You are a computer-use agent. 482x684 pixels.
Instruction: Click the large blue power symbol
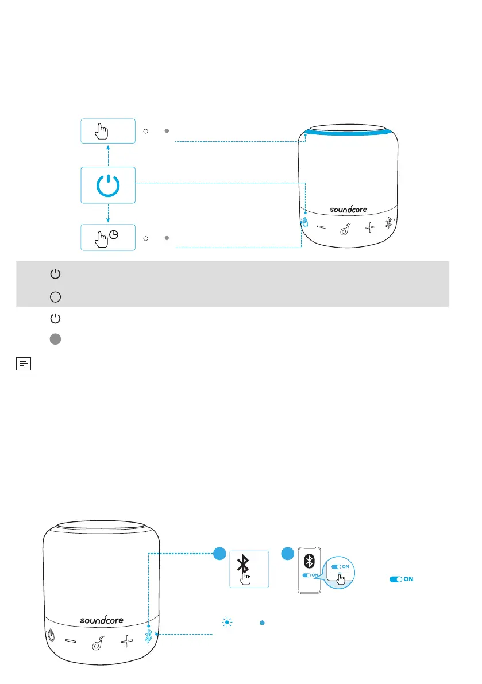pyautogui.click(x=108, y=185)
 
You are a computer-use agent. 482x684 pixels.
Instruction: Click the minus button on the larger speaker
pyautogui.click(x=71, y=639)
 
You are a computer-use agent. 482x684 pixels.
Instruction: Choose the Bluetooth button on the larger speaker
pyautogui.click(x=149, y=635)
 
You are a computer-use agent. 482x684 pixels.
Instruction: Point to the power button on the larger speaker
pyautogui.click(x=51, y=636)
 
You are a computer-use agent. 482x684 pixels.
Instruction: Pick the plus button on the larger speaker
pyautogui.click(x=126, y=639)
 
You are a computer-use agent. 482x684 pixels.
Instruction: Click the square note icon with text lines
pyautogui.click(x=23, y=364)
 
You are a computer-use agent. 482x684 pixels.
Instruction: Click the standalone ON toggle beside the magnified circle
pyautogui.click(x=401, y=579)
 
